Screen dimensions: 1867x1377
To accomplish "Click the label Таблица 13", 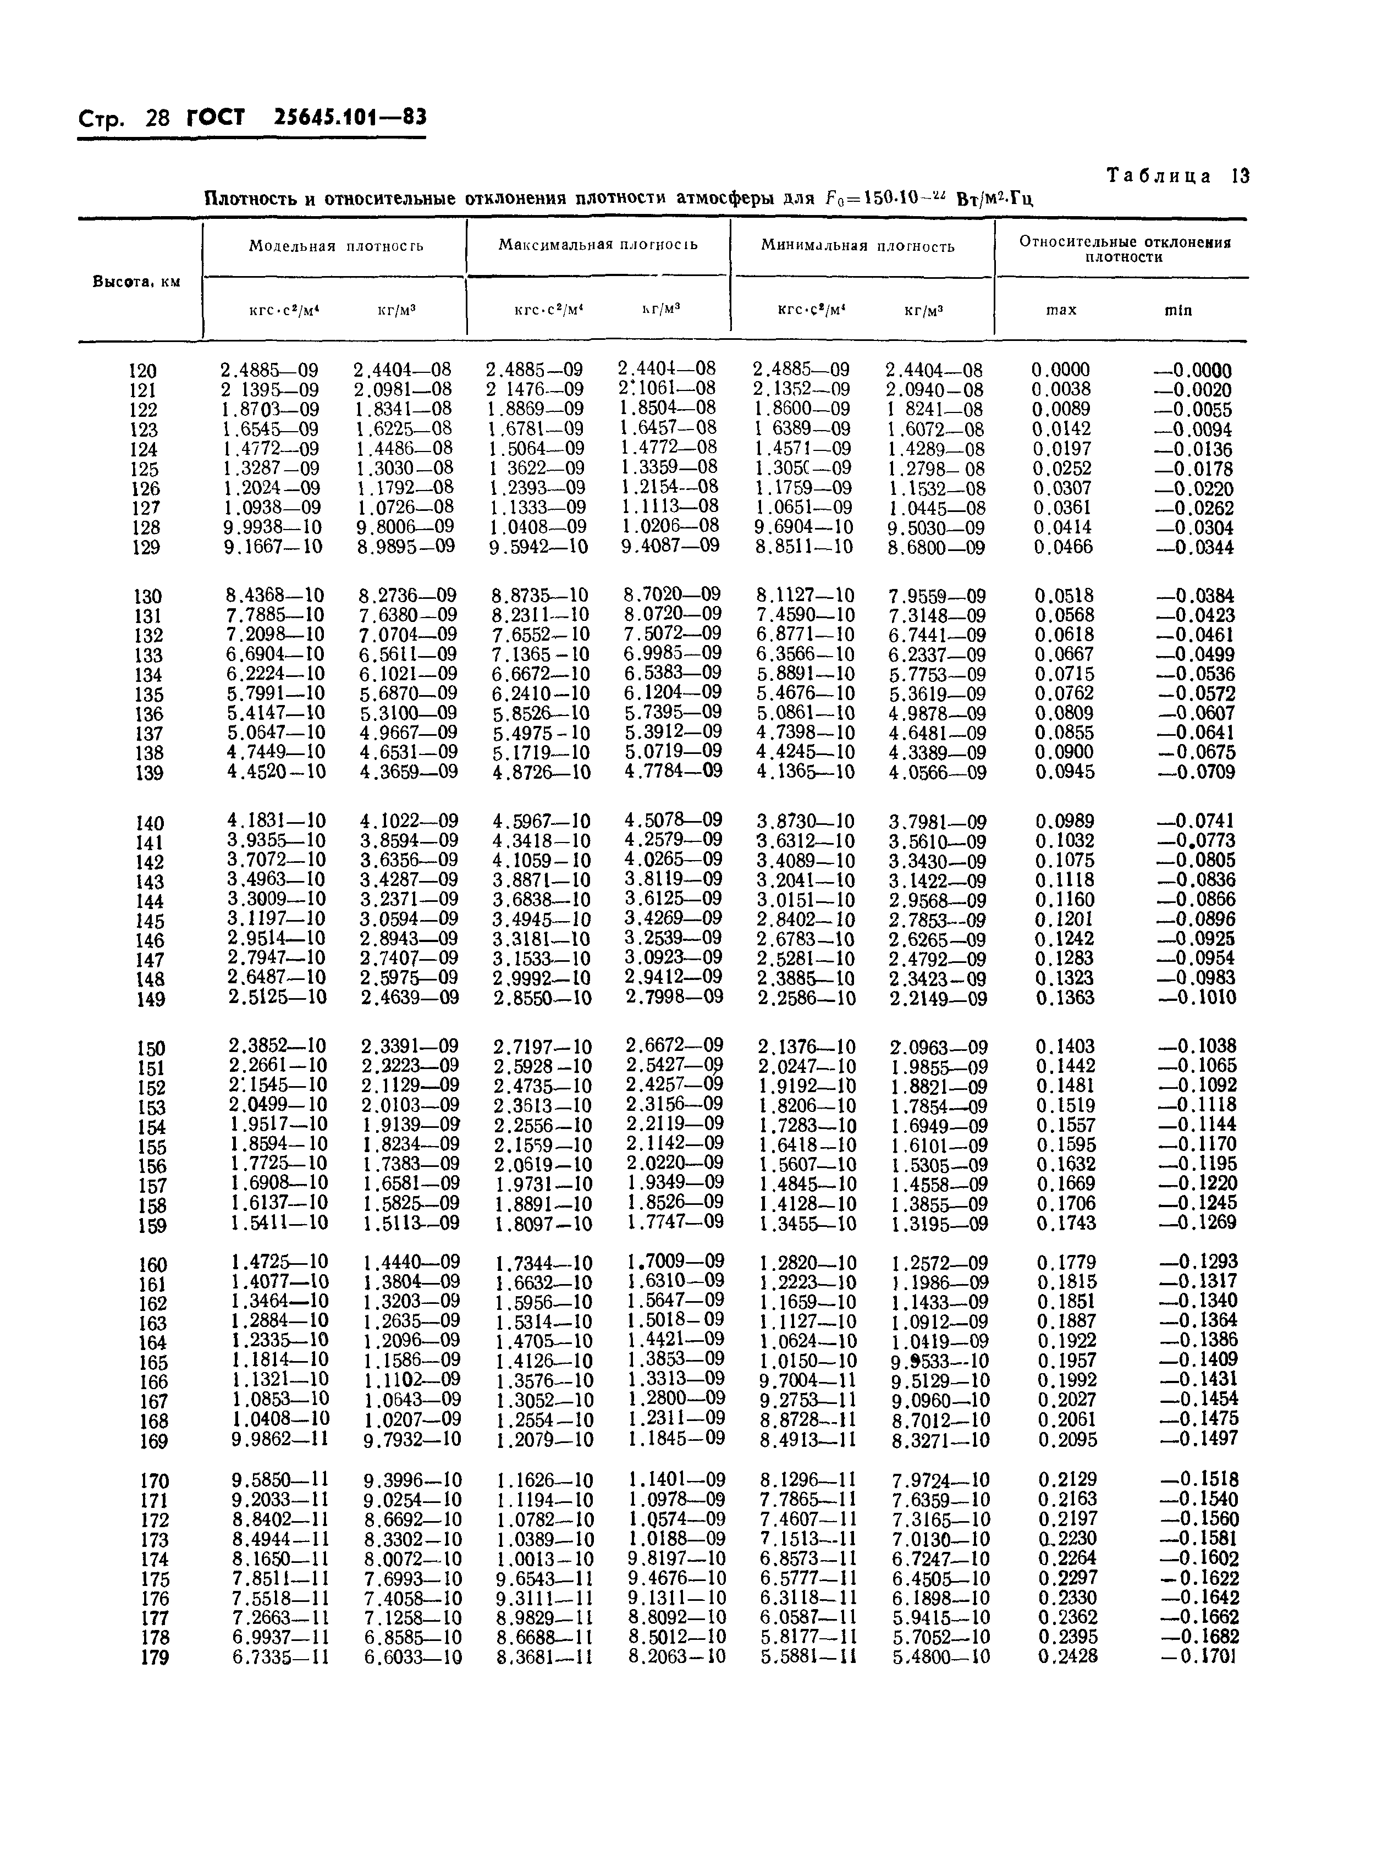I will pos(1178,176).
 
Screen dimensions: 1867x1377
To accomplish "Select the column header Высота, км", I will pos(136,281).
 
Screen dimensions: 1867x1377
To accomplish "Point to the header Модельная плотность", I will pos(336,246).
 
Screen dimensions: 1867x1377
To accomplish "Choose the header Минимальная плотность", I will pos(858,246).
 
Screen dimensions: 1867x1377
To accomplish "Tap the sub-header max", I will pos(1061,310).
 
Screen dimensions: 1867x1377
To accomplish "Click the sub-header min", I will pos(1178,310).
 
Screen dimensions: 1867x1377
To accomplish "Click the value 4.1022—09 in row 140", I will pos(409,821).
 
